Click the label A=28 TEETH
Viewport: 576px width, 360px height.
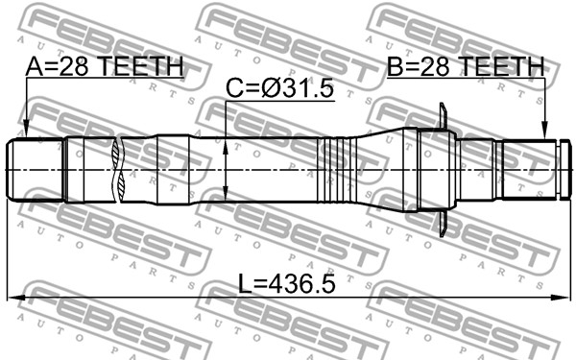pos(105,66)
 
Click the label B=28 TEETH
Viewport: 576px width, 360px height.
pos(466,66)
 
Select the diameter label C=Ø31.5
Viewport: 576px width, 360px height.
pos(280,88)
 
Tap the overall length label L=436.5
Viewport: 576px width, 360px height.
pos(287,284)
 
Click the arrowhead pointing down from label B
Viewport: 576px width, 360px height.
pos(545,131)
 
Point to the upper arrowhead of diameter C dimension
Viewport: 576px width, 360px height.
pos(226,147)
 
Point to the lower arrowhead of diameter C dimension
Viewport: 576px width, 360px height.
pos(226,192)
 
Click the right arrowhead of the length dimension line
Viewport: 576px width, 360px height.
pos(561,297)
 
